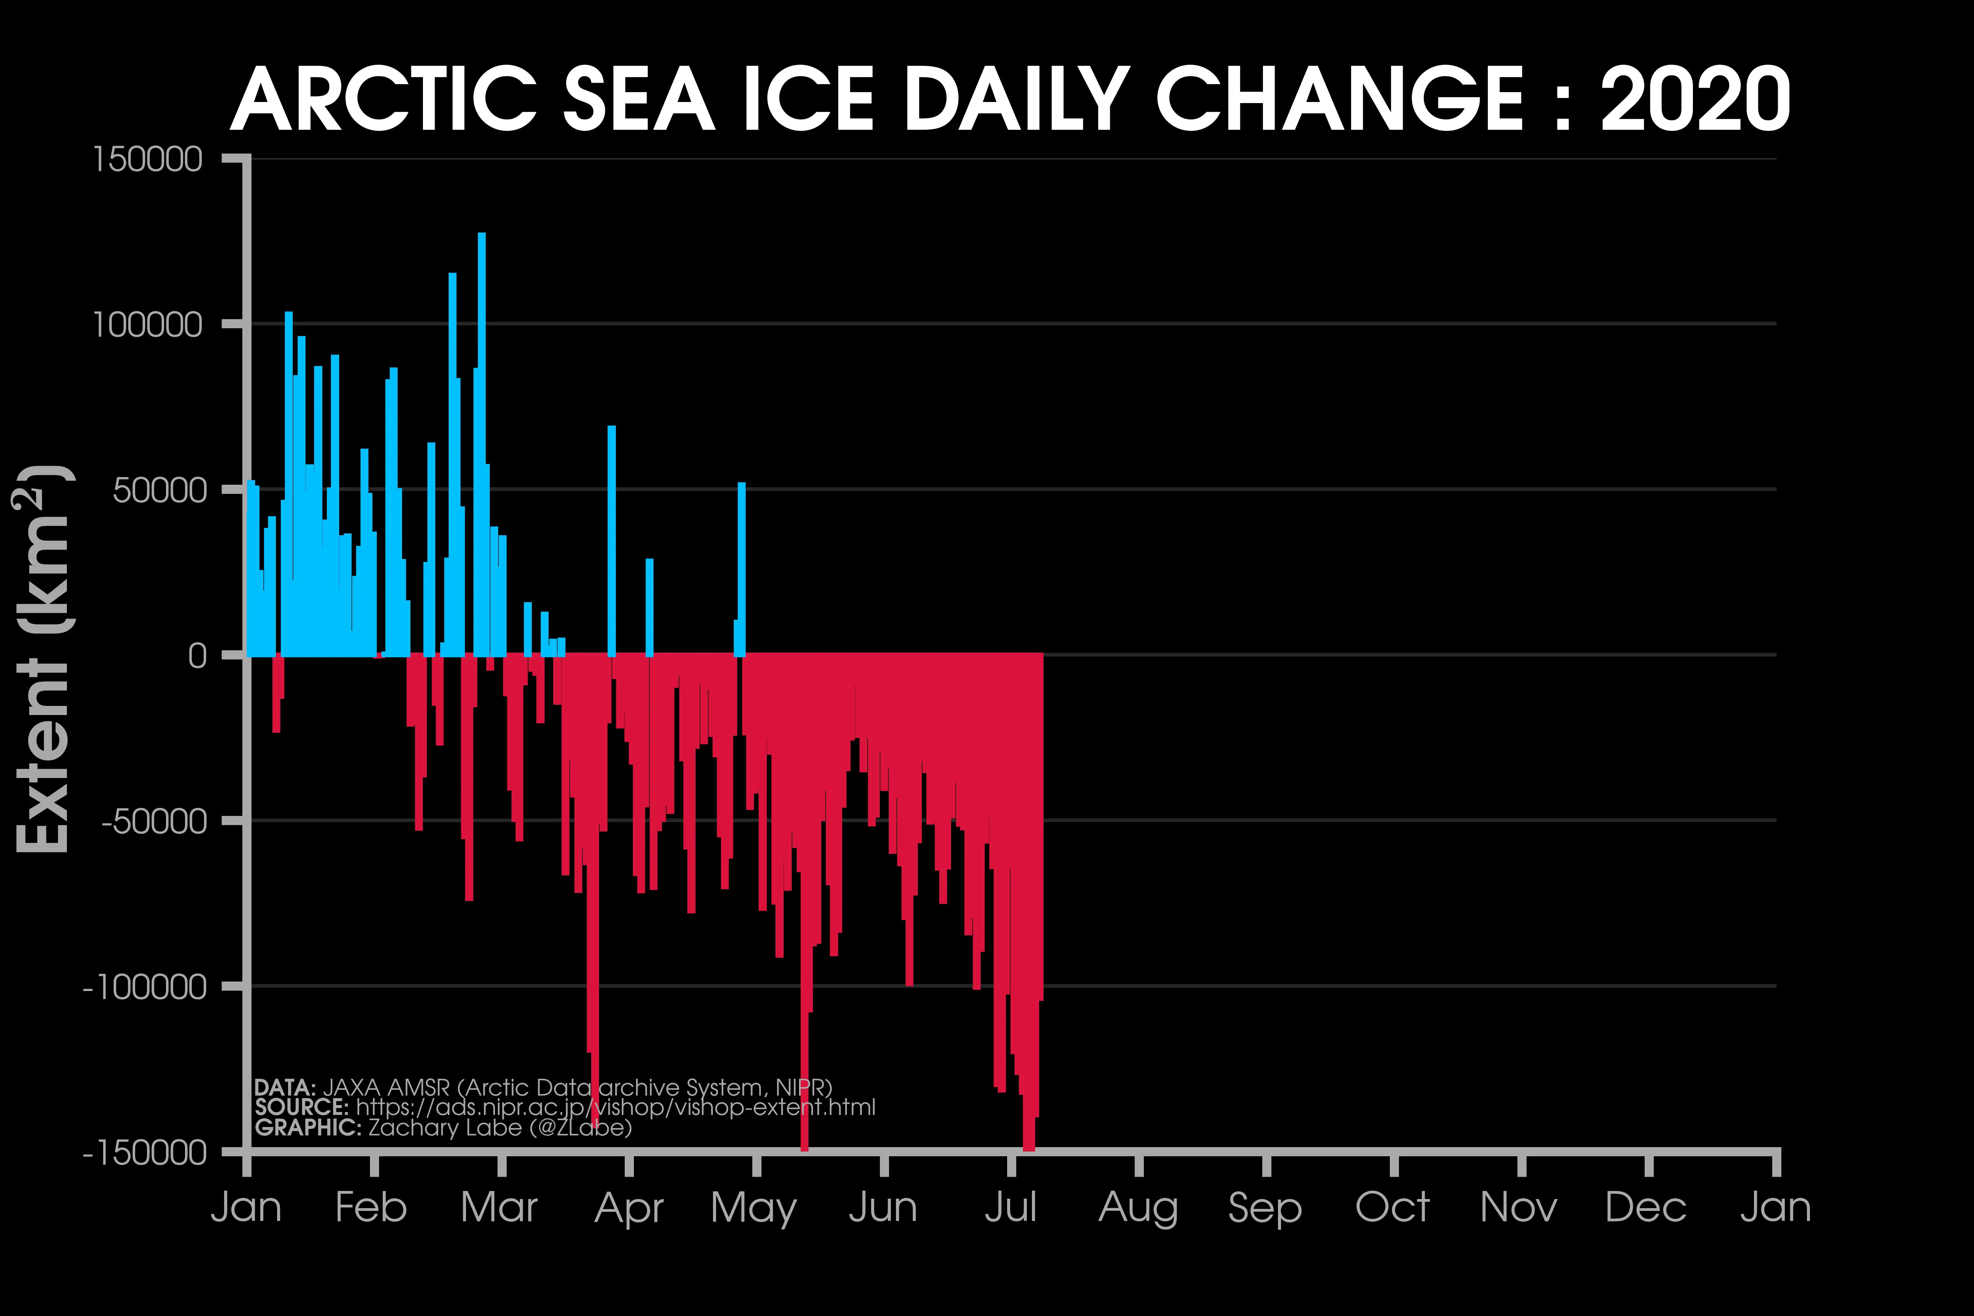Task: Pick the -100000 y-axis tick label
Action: [144, 987]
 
